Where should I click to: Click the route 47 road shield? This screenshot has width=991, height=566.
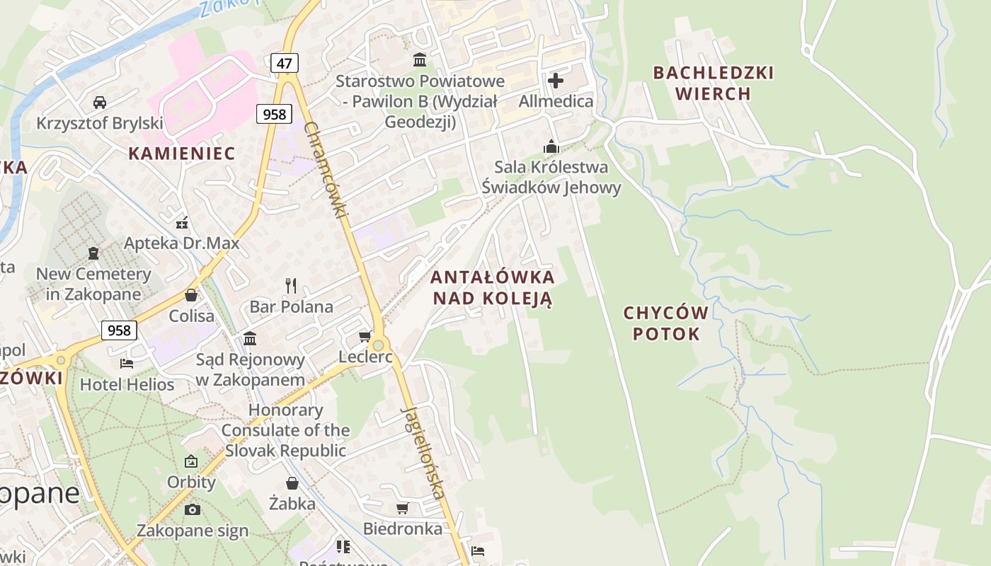pyautogui.click(x=284, y=63)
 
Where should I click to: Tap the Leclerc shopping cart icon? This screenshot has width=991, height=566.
pyautogui.click(x=365, y=336)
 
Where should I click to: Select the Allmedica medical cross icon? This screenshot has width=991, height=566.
pyautogui.click(x=556, y=80)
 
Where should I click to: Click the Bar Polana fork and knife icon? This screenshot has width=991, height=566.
pyautogui.click(x=291, y=286)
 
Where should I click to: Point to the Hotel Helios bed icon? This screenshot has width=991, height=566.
pyautogui.click(x=127, y=364)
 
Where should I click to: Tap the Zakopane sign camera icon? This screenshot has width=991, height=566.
pyautogui.click(x=192, y=509)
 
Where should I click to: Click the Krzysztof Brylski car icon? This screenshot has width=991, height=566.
pyautogui.click(x=100, y=102)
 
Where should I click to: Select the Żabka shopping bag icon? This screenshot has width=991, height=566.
pyautogui.click(x=292, y=483)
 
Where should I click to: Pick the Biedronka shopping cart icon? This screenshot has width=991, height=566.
pyautogui.click(x=403, y=508)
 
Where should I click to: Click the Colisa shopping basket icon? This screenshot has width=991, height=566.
pyautogui.click(x=191, y=295)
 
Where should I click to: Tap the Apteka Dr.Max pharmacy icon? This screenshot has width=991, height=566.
pyautogui.click(x=182, y=223)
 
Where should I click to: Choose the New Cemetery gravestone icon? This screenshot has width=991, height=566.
pyautogui.click(x=93, y=253)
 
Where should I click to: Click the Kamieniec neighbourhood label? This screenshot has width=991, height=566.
pyautogui.click(x=181, y=153)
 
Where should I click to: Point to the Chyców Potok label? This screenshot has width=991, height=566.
pyautogui.click(x=665, y=323)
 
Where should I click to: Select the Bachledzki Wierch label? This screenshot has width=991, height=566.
pyautogui.click(x=713, y=83)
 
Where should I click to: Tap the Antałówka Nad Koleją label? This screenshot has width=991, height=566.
pyautogui.click(x=493, y=287)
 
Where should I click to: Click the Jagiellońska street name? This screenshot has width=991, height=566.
pyautogui.click(x=423, y=453)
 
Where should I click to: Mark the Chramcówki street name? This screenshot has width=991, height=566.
pyautogui.click(x=326, y=170)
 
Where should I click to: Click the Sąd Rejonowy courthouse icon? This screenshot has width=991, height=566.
pyautogui.click(x=249, y=338)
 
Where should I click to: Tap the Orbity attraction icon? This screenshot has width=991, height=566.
pyautogui.click(x=191, y=461)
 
